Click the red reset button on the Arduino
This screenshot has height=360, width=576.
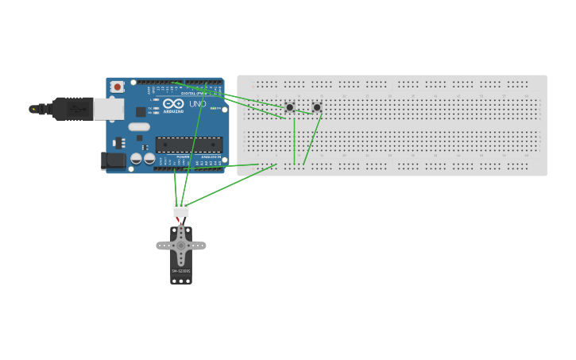coord(118,86)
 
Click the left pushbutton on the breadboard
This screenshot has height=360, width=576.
coord(290,106)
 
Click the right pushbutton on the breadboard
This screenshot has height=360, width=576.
coord(317,106)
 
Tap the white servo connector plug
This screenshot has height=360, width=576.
coord(181,209)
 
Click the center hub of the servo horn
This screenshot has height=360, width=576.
coord(181,246)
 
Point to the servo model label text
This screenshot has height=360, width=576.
coord(181,271)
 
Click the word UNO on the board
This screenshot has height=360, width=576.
coord(198,104)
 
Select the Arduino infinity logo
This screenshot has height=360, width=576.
coord(173,103)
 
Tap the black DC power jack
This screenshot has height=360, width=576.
coord(114,161)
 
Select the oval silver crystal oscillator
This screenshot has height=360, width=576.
coord(139,126)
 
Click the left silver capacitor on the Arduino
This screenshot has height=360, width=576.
coord(137,159)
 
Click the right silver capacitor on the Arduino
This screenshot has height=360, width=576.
coord(149,159)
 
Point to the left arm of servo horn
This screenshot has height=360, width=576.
coord(164,246)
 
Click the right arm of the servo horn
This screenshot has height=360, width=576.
coord(198,246)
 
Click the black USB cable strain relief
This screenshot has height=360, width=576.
coord(72,109)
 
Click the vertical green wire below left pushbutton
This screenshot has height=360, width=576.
coord(295,139)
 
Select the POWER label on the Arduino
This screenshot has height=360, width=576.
coord(183,157)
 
